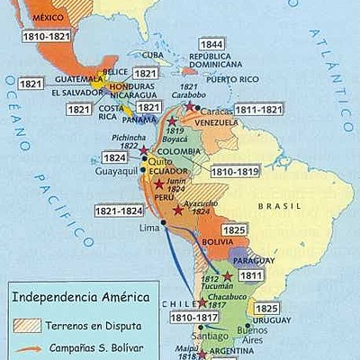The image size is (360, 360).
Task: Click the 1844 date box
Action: click(x=212, y=44)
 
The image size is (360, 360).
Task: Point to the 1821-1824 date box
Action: click(x=118, y=211)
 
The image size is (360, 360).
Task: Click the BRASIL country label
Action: click(x=282, y=206)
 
